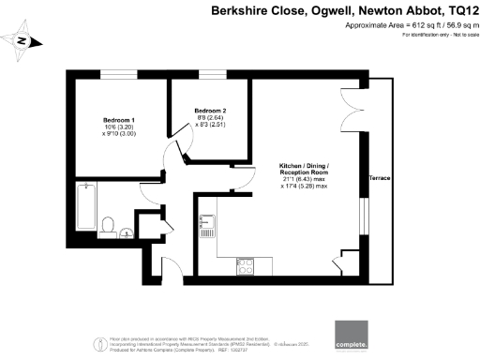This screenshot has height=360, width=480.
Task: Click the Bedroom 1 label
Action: pos(119,120)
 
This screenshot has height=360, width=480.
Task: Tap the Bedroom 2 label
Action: pos(209,110)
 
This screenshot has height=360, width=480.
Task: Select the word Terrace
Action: pos(380,176)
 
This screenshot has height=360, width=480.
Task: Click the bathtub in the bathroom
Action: pos(83,205)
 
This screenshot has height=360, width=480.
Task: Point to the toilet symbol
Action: pos(109,224)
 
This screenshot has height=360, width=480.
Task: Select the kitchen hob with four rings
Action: pos(247,267)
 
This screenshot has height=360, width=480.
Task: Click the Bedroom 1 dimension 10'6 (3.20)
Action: pos(119,127)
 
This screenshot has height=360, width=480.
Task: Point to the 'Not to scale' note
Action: pos(459,35)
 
